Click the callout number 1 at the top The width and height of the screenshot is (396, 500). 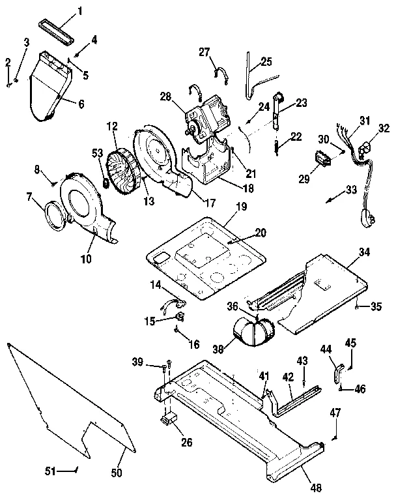81,11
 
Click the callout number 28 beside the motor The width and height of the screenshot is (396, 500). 166,97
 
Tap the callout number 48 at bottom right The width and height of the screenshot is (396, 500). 315,486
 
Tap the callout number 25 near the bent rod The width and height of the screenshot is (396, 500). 266,62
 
